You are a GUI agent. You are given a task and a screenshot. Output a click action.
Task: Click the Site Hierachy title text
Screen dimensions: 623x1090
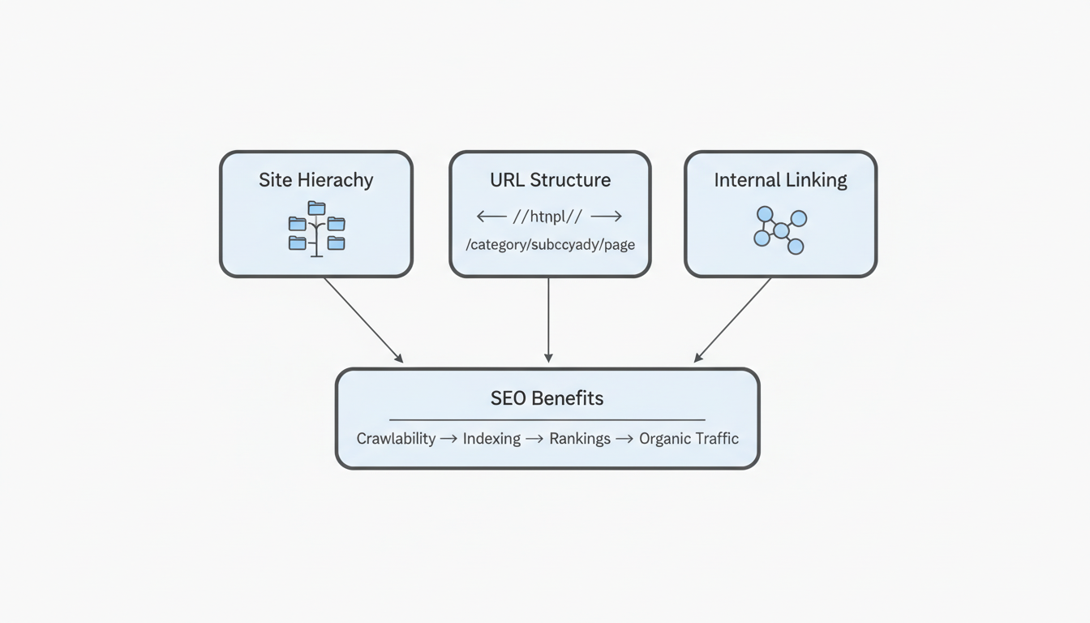315,180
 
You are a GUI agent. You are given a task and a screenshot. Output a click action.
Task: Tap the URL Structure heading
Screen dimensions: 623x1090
550,180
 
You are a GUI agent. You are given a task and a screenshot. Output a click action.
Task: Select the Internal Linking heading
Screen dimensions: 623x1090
780,180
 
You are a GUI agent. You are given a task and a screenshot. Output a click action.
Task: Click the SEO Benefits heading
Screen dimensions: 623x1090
547,398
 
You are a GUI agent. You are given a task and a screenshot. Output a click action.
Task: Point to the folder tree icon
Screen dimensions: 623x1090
316,230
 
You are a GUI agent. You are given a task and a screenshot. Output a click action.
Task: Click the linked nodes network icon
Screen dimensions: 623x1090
780,230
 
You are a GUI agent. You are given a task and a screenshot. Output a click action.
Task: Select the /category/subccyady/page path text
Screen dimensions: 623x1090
550,244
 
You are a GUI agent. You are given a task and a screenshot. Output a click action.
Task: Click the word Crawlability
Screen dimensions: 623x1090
396,439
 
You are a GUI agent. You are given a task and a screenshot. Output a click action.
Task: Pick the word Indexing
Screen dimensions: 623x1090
491,439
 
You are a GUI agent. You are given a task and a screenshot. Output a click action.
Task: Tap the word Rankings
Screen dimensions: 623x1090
579,439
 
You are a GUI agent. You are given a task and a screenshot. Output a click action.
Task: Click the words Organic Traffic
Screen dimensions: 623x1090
689,439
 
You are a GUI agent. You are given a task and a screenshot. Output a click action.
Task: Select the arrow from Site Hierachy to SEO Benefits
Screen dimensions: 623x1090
363,320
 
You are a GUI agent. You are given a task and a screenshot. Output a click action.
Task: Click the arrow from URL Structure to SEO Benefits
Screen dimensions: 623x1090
548,320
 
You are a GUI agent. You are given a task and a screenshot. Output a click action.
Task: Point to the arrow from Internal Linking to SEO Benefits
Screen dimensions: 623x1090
733,320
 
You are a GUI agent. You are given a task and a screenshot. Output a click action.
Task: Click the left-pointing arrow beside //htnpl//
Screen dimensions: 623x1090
491,217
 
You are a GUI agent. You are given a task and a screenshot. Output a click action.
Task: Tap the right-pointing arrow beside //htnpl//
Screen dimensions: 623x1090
607,217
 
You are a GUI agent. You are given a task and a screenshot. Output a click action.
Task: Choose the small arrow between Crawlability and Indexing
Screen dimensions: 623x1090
448,439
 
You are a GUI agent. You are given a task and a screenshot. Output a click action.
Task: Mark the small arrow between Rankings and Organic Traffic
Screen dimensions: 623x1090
624,439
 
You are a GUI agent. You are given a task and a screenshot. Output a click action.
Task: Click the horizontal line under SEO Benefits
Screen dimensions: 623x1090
547,419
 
